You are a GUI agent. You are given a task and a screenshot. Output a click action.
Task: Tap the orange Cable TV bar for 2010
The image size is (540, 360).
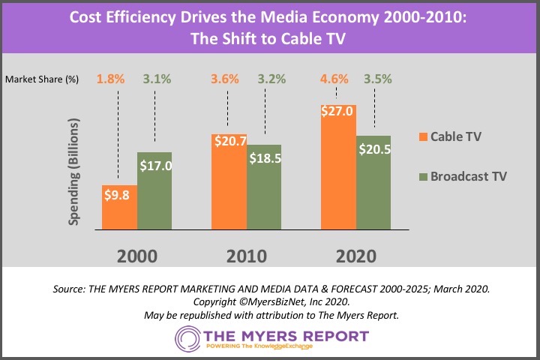[229, 187]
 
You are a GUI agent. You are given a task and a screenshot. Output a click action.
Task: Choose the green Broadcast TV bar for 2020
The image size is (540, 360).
[373, 191]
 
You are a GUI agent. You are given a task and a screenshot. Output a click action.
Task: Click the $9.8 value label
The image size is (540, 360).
[120, 195]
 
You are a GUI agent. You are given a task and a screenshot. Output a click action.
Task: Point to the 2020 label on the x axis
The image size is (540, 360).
[355, 256]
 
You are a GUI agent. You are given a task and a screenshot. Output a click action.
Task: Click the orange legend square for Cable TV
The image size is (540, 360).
[424, 136]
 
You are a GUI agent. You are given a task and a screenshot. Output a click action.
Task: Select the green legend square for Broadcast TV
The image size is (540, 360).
[424, 176]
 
